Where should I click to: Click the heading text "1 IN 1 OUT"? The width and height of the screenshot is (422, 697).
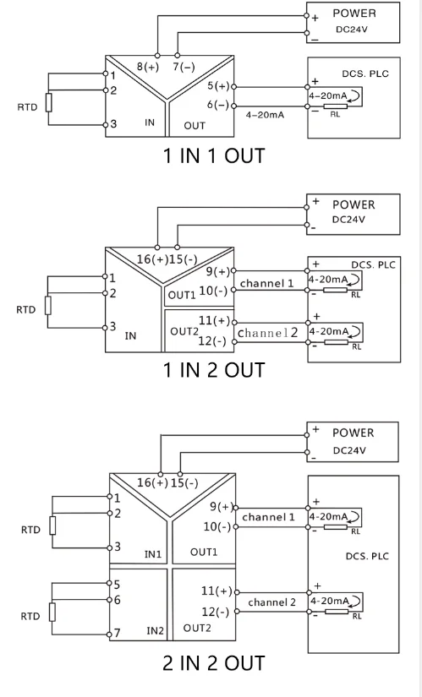pos(214,155)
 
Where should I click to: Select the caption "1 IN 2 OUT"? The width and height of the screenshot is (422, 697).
pos(214,369)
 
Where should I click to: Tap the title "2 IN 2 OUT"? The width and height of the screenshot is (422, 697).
pos(214,662)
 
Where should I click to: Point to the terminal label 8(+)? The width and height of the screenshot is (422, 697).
pos(148,67)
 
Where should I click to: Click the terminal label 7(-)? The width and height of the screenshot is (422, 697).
pos(183,67)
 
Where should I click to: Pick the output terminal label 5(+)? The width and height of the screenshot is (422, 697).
pos(217,86)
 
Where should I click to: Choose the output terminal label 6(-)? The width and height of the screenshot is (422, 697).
pos(217,105)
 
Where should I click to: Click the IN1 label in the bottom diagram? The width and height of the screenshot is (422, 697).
pos(153,554)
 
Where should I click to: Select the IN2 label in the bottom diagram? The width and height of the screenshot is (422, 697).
pos(155,629)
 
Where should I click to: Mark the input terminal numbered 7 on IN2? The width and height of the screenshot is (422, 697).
pos(118,633)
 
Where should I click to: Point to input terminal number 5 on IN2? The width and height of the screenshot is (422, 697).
pos(118,584)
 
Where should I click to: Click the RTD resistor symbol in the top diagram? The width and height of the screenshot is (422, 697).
pos(49,103)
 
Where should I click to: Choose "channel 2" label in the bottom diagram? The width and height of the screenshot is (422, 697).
pos(271,602)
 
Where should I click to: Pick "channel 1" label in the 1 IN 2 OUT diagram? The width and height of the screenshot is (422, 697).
pos(267,283)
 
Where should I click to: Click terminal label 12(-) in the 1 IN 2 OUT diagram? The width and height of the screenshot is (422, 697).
pos(212,341)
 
